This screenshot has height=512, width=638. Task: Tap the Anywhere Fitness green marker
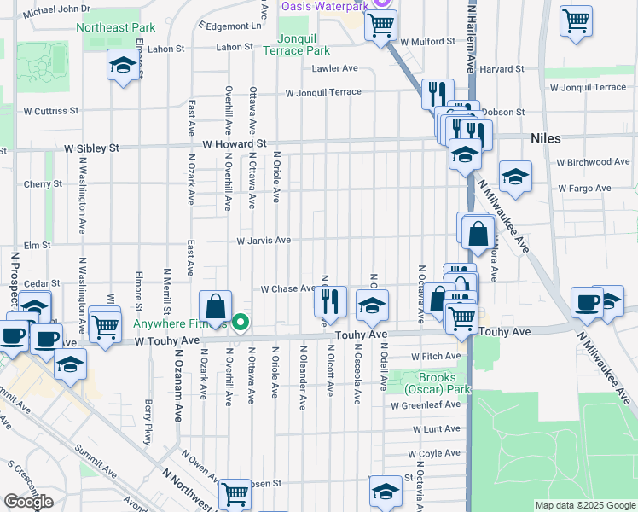pyautogui.click(x=241, y=323)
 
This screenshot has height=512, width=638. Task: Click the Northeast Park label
pyautogui.click(x=115, y=27)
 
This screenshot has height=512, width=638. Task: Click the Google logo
pyautogui.click(x=28, y=502)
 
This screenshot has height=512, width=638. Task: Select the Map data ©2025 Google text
pyautogui.click(x=585, y=505)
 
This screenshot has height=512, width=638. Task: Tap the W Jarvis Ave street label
pyautogui.click(x=264, y=241)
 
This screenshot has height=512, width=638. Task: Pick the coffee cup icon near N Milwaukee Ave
pyautogui.click(x=587, y=302)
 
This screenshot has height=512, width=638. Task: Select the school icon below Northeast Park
pyautogui.click(x=124, y=66)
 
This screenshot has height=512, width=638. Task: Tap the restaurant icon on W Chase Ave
pyautogui.click(x=330, y=300)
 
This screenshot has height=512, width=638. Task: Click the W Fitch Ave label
pyautogui.click(x=436, y=356)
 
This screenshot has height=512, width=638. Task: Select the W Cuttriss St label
pyautogui.click(x=51, y=111)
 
